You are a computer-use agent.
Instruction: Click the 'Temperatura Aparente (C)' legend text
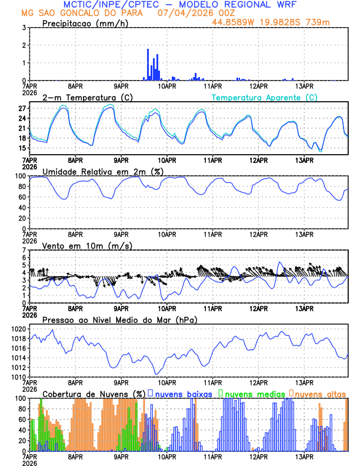[264, 98]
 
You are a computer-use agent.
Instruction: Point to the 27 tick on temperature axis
[22, 109]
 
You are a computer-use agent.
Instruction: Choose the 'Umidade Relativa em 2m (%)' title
[103, 171]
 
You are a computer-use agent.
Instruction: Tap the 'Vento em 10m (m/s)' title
[87, 245]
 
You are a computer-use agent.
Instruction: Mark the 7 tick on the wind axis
[25, 250]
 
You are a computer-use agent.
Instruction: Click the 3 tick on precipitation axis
[25, 28]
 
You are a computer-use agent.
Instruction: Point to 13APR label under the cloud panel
[304, 457]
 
